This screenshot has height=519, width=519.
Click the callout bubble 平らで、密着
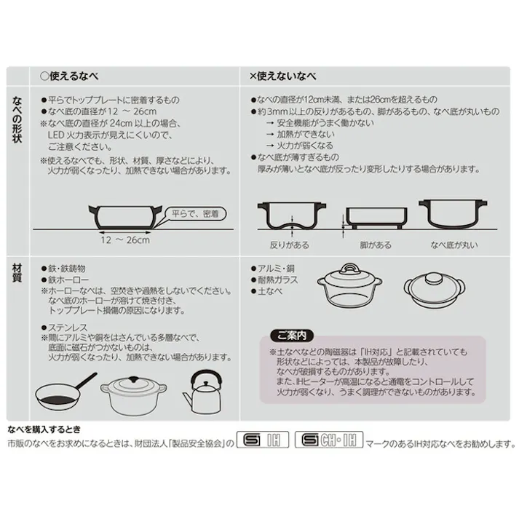tap(197, 213)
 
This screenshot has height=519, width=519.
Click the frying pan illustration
tap(64, 393)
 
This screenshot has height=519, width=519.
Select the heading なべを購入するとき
tap(43, 428)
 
